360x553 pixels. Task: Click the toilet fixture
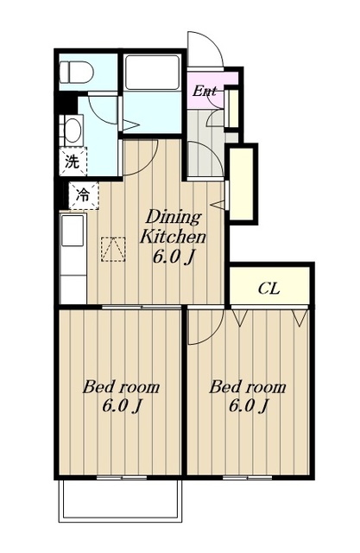76,72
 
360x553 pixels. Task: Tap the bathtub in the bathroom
152,73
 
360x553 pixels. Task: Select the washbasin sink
73,130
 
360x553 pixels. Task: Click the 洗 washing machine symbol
73,162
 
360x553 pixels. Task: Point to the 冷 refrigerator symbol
84,195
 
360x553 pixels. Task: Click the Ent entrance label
204,92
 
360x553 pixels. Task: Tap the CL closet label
268,289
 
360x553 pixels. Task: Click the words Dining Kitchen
173,227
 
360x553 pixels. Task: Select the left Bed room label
121,387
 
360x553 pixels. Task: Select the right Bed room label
248,387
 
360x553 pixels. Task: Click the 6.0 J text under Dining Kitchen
173,257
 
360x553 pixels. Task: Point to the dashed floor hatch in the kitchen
113,249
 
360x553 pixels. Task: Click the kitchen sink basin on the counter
73,231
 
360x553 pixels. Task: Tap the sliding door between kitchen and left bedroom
142,307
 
